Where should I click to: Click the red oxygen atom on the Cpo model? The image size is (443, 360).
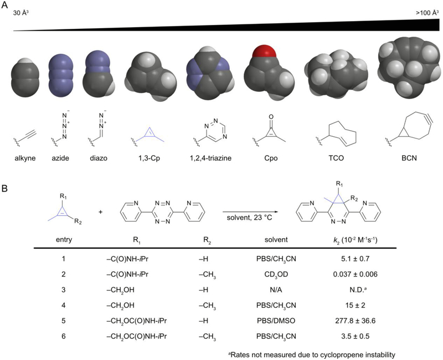pos(263,56)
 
